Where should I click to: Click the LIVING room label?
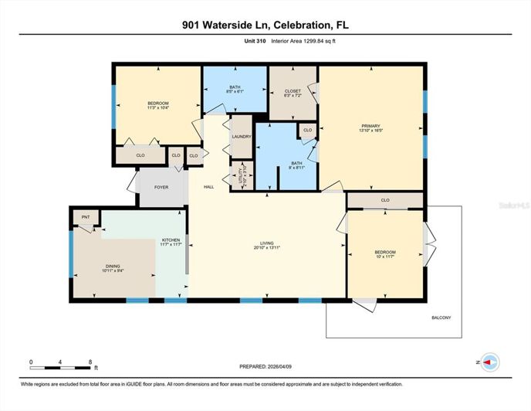pos(267,243)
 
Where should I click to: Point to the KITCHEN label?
pos(171,239)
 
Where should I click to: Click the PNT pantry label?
pos(86,217)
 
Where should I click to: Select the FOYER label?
pos(161,187)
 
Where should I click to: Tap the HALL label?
pos(208,187)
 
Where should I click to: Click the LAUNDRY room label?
pos(242,137)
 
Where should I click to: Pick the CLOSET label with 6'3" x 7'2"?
pos(293,96)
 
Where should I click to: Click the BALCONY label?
pos(440,318)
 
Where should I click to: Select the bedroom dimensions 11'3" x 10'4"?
pos(158,108)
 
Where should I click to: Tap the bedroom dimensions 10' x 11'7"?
pos(385,257)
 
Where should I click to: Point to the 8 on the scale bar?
pos(90,361)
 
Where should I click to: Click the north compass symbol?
pos(489,362)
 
